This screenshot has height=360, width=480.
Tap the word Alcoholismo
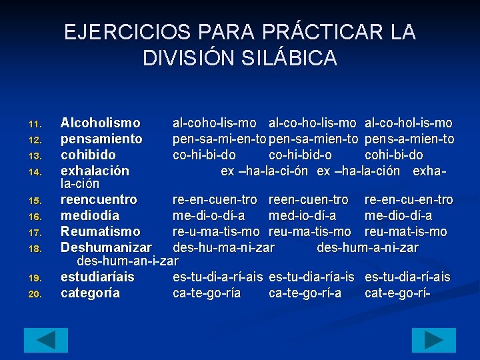tap(101, 123)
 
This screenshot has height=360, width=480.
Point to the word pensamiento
tap(101, 139)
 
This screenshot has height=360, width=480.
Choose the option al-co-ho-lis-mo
tap(313, 123)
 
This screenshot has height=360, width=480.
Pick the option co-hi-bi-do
tap(204, 155)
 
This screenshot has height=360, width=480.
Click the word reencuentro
tap(99, 199)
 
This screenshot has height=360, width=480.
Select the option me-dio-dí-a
tap(399, 215)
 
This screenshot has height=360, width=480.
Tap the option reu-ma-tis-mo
tap(310, 231)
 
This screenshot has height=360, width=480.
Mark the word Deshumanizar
tap(106, 247)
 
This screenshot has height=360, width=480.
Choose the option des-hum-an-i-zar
tap(128, 261)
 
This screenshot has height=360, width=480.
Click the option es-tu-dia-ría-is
tap(313, 277)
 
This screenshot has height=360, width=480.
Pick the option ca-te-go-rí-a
tap(305, 293)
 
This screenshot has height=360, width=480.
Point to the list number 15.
tap(35, 200)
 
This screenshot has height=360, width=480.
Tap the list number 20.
tap(35, 293)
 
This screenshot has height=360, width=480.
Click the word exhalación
tap(95, 171)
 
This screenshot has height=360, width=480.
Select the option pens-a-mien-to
tap(410, 139)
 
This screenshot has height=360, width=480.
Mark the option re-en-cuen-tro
tap(215, 199)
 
